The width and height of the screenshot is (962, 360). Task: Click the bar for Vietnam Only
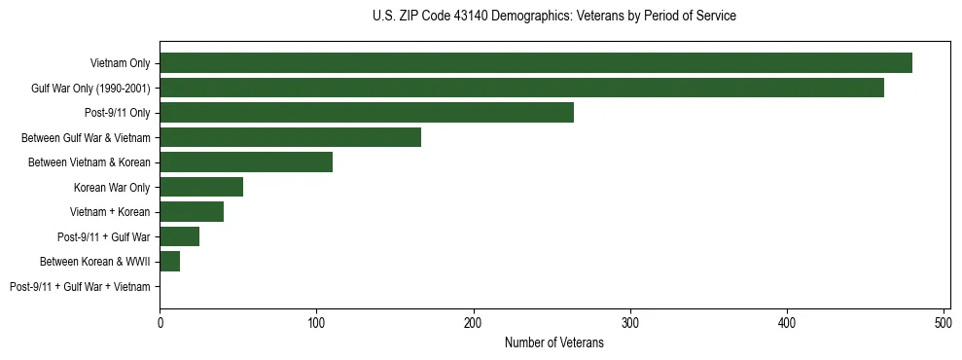[535, 63]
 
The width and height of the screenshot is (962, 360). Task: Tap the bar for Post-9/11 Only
[367, 113]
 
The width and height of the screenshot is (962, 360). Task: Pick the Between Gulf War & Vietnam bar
[290, 137]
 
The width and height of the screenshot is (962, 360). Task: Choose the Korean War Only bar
[201, 187]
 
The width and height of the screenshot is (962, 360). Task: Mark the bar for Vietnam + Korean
[192, 212]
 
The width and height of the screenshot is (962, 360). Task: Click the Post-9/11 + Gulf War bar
[180, 236]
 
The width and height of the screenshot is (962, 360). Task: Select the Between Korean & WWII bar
[170, 262]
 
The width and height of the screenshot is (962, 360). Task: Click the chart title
[554, 17]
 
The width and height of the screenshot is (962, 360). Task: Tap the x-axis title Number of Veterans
[554, 342]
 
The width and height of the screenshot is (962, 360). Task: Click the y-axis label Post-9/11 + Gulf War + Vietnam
[80, 287]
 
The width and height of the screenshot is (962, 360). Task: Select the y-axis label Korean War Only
[112, 187]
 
